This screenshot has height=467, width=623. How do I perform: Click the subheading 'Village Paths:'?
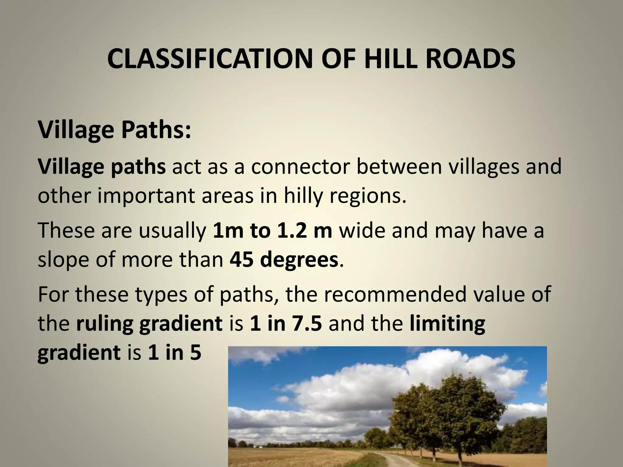pos(114,130)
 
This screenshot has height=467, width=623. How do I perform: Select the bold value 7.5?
pos(307,323)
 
